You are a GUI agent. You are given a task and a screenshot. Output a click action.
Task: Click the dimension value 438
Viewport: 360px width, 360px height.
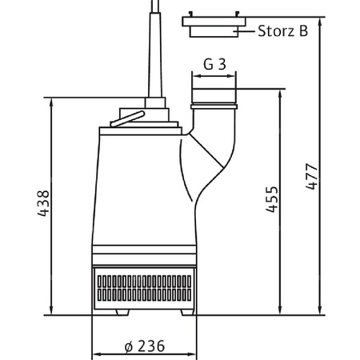(x=43, y=203)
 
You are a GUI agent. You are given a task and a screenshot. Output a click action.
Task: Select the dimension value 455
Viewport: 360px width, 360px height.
(x=272, y=199)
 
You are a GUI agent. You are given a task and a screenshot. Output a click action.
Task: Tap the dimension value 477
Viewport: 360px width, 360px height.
(x=312, y=177)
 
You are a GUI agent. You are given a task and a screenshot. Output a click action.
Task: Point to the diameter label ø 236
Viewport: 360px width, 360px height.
(x=145, y=346)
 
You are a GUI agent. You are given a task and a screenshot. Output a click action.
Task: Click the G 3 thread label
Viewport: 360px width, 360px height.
(x=214, y=64)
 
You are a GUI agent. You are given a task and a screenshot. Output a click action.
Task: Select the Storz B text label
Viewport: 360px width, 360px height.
(x=283, y=31)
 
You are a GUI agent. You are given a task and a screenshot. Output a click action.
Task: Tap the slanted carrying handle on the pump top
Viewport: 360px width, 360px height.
(x=127, y=118)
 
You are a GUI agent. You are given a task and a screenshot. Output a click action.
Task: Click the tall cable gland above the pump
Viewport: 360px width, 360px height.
(x=155, y=50)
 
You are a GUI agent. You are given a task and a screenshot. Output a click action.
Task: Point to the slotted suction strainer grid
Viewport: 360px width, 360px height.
(x=144, y=288)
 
